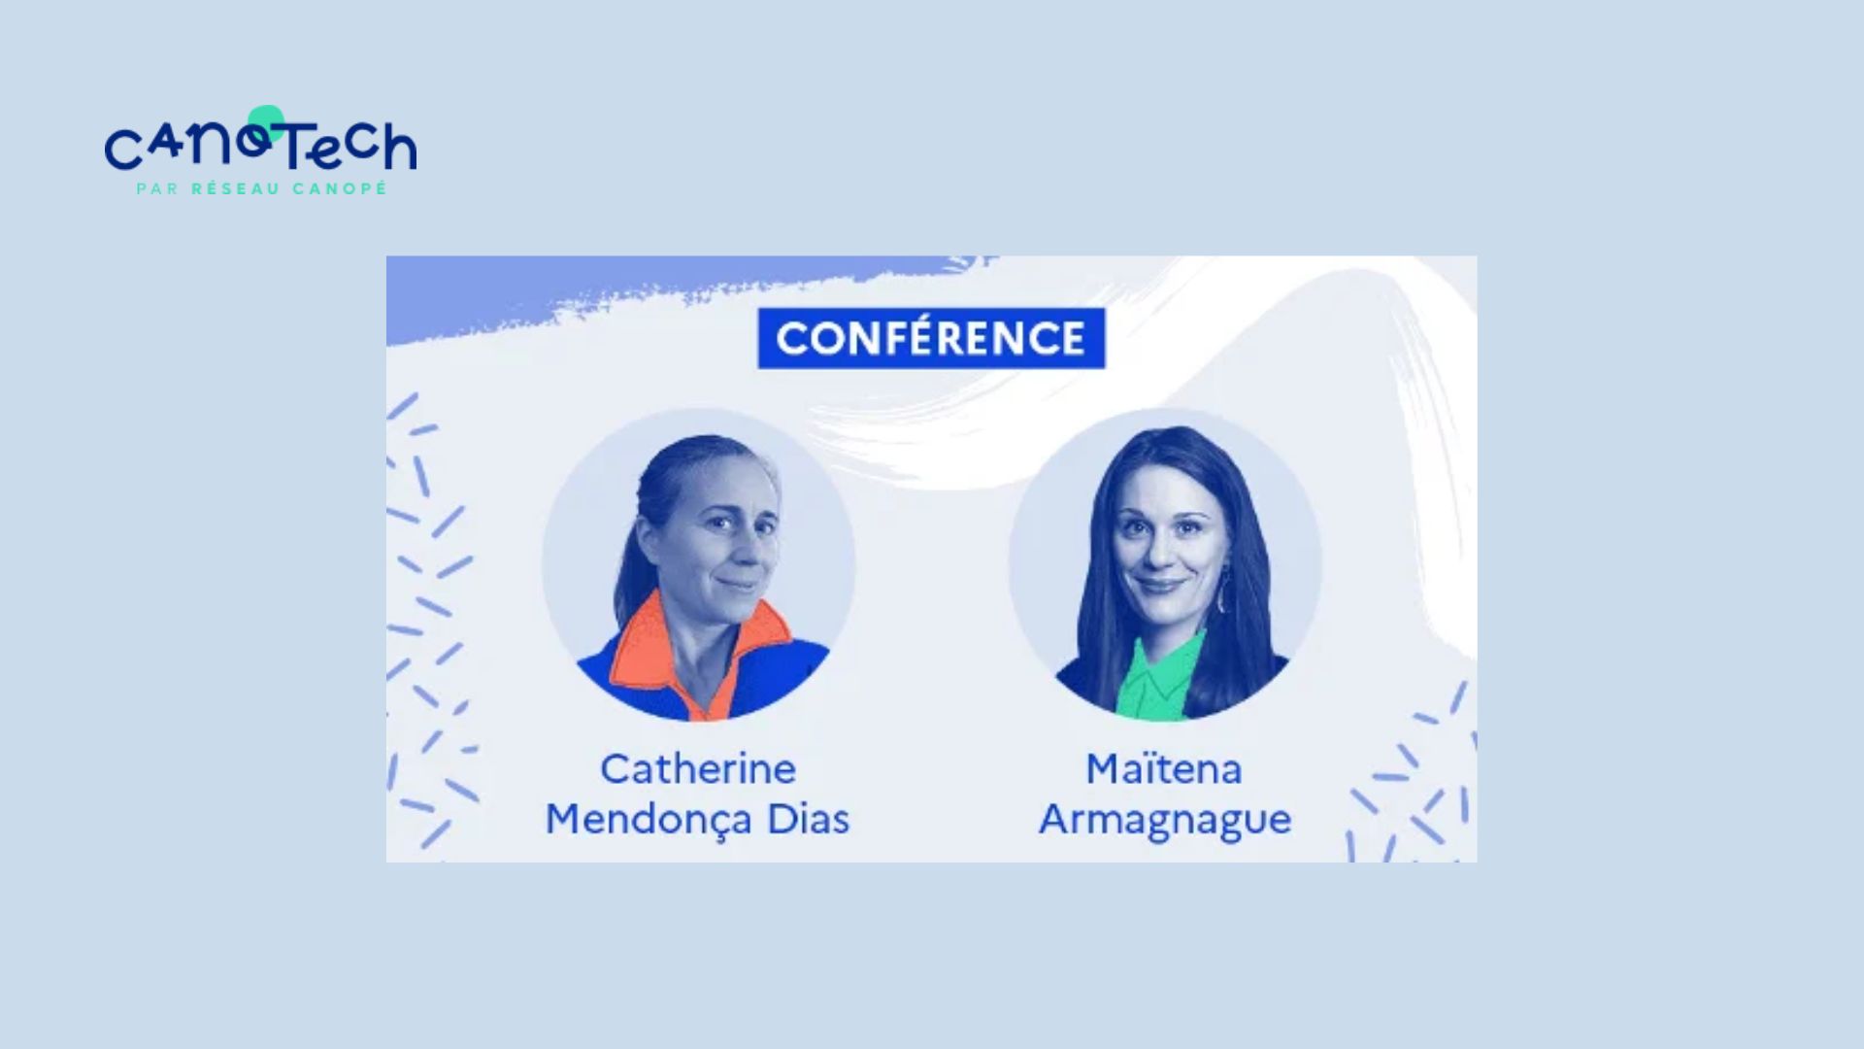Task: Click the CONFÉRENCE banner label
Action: pyautogui.click(x=931, y=338)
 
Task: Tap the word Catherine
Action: pyautogui.click(x=698, y=769)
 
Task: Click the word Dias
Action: pyautogui.click(x=808, y=819)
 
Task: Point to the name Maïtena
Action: pyautogui.click(x=1163, y=769)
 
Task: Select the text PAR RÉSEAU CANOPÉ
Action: pyautogui.click(x=262, y=188)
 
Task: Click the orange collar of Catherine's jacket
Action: pyautogui.click(x=641, y=651)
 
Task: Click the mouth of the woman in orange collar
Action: pyautogui.click(x=740, y=585)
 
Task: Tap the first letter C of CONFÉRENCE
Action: pyautogui.click(x=792, y=339)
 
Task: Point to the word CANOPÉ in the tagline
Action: pyautogui.click(x=340, y=188)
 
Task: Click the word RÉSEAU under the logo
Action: pyautogui.click(x=236, y=188)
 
